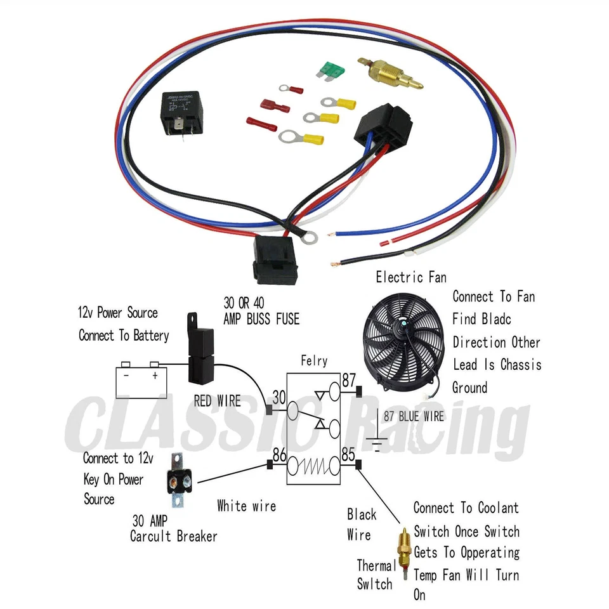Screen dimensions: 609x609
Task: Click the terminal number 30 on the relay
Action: click(278, 397)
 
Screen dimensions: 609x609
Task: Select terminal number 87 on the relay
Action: click(348, 380)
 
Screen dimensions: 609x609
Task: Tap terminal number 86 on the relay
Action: click(277, 454)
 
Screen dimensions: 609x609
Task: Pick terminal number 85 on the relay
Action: click(348, 454)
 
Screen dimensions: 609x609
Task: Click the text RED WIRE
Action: click(217, 401)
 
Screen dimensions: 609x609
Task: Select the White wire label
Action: click(246, 506)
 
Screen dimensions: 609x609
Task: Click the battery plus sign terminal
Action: click(154, 376)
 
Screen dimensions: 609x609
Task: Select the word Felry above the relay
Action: click(314, 361)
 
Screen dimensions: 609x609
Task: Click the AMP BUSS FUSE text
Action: click(261, 320)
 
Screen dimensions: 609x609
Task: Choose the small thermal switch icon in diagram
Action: click(402, 546)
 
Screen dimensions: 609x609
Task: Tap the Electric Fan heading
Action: click(410, 277)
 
